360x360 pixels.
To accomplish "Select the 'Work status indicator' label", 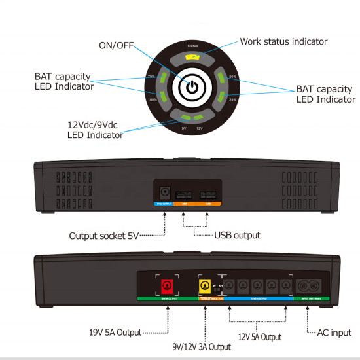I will coord(283,41).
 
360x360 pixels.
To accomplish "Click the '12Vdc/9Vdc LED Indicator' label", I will coord(96,130).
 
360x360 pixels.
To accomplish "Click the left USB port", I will coord(185,195).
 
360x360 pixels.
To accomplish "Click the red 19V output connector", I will coord(167,285).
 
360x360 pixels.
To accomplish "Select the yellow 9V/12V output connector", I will coord(204,286).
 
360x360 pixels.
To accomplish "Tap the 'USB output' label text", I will coord(237,234).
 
